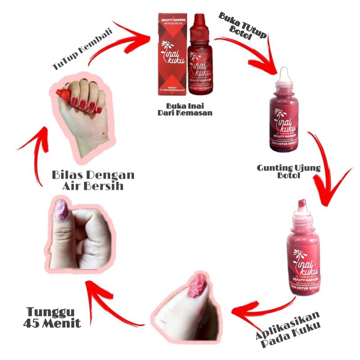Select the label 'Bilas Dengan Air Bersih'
click(93, 179)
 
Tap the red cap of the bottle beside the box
click(200, 25)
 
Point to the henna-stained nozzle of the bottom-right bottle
click(302, 207)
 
